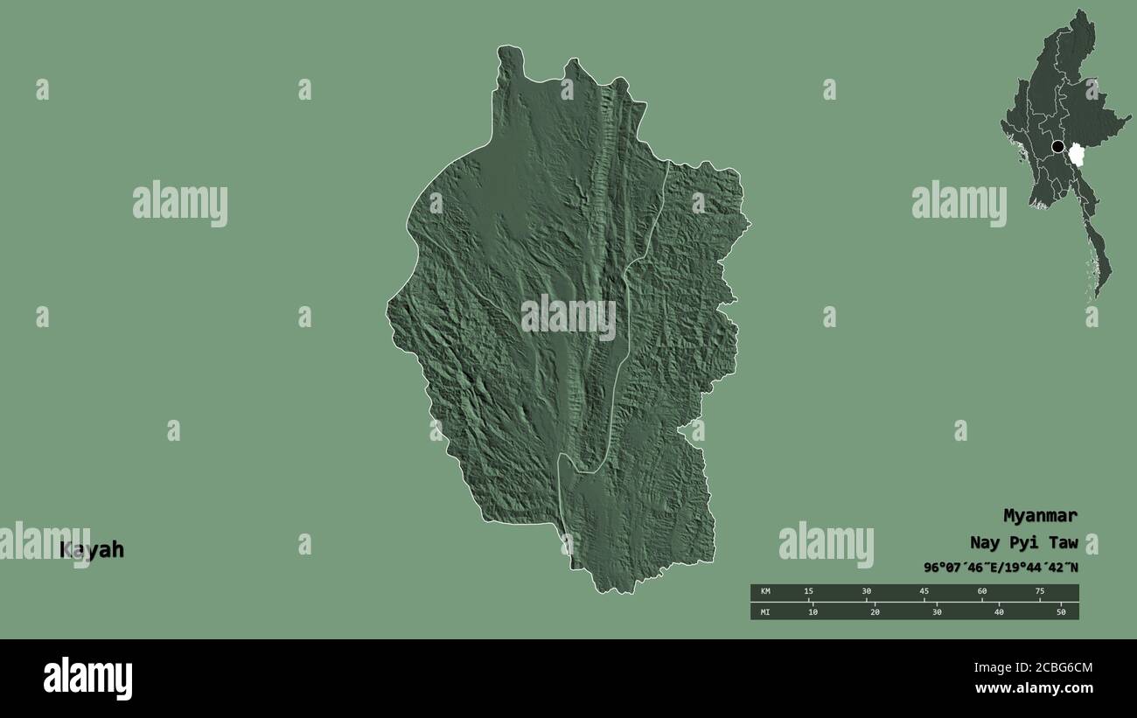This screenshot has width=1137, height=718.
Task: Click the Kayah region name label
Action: point(92,550)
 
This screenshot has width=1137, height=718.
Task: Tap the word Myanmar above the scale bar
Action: point(1040,515)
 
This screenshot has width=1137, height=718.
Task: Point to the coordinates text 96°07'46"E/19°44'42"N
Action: point(1001,567)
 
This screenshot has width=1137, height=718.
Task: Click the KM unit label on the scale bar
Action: point(765,592)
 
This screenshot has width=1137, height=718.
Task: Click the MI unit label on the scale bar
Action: point(765,611)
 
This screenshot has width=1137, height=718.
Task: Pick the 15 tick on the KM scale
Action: point(809,592)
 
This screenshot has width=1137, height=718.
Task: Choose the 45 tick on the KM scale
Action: point(924,592)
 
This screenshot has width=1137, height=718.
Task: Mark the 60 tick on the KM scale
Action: point(981,592)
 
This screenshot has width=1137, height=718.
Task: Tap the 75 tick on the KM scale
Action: point(1039,592)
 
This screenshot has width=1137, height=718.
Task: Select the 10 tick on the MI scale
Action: point(813,611)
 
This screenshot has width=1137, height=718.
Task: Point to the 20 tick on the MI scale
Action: point(875,611)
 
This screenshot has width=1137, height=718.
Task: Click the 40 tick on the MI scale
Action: point(999,611)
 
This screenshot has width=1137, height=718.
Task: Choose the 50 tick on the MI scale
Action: point(1061,611)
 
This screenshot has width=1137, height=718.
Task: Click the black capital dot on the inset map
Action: point(1058,147)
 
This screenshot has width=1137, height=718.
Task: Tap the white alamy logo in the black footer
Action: point(88,679)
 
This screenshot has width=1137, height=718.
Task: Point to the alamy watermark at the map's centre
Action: point(568,318)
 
